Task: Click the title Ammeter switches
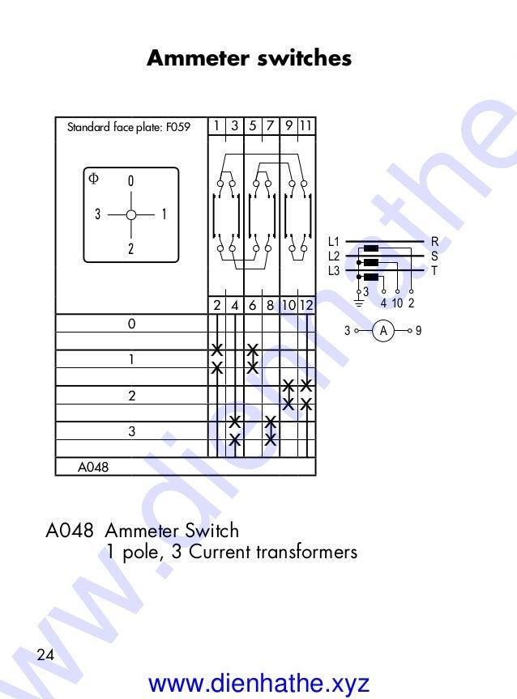point(249,59)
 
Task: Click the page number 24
point(45,655)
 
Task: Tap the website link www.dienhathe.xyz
point(258,683)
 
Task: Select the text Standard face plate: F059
point(127,127)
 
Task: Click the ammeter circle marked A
point(386,330)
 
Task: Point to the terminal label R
point(434,241)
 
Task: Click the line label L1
point(334,241)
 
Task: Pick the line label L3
point(334,271)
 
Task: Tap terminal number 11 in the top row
point(305,125)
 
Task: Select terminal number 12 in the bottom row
point(305,306)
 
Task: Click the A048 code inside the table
point(92,467)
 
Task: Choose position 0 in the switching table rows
point(131,324)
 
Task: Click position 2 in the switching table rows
point(131,396)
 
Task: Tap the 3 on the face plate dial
point(97,215)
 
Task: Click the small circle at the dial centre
point(130,215)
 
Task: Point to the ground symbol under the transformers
point(357,303)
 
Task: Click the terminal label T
point(434,271)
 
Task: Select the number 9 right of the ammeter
point(418,330)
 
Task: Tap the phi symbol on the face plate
point(93,177)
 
